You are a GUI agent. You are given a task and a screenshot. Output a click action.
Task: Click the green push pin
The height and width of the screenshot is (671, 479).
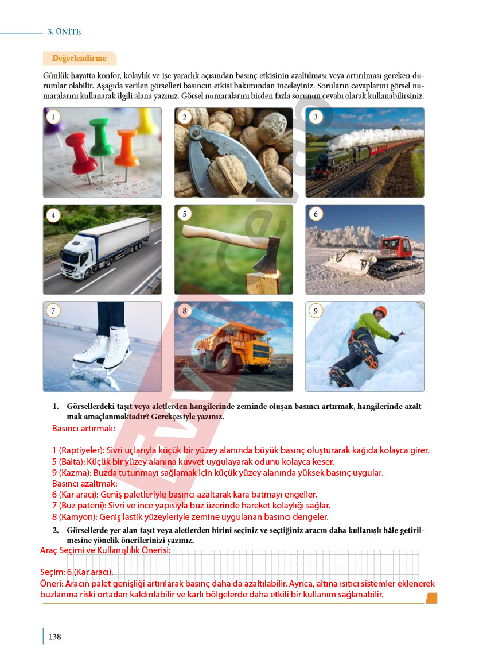point(102,139)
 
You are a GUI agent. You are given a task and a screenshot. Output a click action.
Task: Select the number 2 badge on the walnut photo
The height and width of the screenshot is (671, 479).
point(185,117)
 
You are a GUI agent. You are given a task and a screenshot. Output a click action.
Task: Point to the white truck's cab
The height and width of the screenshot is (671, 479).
point(78,257)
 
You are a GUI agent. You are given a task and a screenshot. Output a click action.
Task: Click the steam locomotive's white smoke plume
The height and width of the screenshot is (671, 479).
point(376,136)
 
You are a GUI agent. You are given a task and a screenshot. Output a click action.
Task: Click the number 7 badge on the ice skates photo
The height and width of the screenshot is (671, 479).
point(53,311)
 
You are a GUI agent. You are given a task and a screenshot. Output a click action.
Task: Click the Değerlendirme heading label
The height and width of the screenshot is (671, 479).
point(79,58)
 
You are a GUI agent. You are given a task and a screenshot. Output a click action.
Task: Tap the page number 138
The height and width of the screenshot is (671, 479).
point(54,637)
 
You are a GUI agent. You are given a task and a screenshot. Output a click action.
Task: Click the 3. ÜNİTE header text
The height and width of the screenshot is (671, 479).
point(64,32)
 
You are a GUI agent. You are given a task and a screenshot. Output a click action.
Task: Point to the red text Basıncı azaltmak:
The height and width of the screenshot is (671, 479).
point(84,484)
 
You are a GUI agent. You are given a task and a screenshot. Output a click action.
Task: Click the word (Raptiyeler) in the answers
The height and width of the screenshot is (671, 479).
point(81,450)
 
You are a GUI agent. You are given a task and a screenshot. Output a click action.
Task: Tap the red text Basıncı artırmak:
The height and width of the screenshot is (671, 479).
point(84,429)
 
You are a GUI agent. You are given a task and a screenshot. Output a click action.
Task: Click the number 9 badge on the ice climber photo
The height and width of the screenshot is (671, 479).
point(316,311)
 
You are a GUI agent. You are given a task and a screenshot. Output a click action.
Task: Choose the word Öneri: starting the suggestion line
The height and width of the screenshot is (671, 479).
point(52,583)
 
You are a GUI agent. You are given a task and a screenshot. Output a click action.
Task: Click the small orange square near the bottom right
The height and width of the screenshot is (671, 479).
point(431,598)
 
